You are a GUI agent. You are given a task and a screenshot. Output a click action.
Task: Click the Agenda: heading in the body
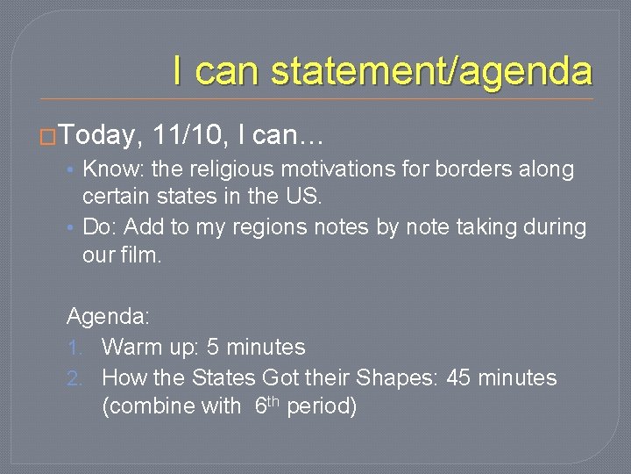(x=108, y=317)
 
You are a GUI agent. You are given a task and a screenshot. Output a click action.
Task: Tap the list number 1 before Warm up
(x=74, y=348)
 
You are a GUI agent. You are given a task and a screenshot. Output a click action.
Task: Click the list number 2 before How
(x=74, y=378)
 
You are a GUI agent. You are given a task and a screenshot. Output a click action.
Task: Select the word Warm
(x=130, y=348)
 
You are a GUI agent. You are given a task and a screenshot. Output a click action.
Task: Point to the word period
(x=321, y=407)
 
